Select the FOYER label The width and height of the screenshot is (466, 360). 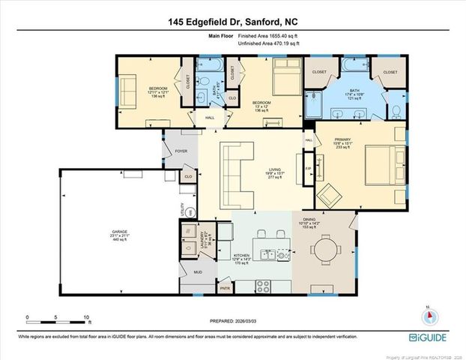click(181, 151)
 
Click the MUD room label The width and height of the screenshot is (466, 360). click(199, 271)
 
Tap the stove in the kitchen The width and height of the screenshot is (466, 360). click(263, 286)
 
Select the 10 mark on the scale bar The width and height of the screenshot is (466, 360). click(87, 317)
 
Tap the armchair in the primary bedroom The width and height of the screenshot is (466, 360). click(328, 196)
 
